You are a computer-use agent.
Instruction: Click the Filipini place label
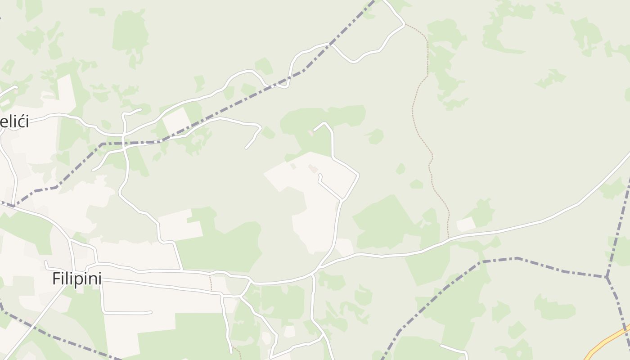point(76,279)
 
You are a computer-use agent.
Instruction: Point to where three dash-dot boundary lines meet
point(607,277)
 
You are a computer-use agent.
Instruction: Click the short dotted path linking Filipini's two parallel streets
point(210,283)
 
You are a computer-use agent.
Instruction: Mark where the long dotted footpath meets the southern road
point(448,238)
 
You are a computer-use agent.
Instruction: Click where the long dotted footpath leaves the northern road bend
point(405,24)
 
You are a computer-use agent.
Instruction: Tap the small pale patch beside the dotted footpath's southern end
point(466,224)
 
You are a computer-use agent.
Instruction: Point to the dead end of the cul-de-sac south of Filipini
point(151,312)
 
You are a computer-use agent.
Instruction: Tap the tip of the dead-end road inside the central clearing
point(320,175)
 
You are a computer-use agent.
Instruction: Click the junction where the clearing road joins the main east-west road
point(316,270)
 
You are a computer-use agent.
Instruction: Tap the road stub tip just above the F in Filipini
point(45,262)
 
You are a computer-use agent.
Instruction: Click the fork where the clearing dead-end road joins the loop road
point(343,199)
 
